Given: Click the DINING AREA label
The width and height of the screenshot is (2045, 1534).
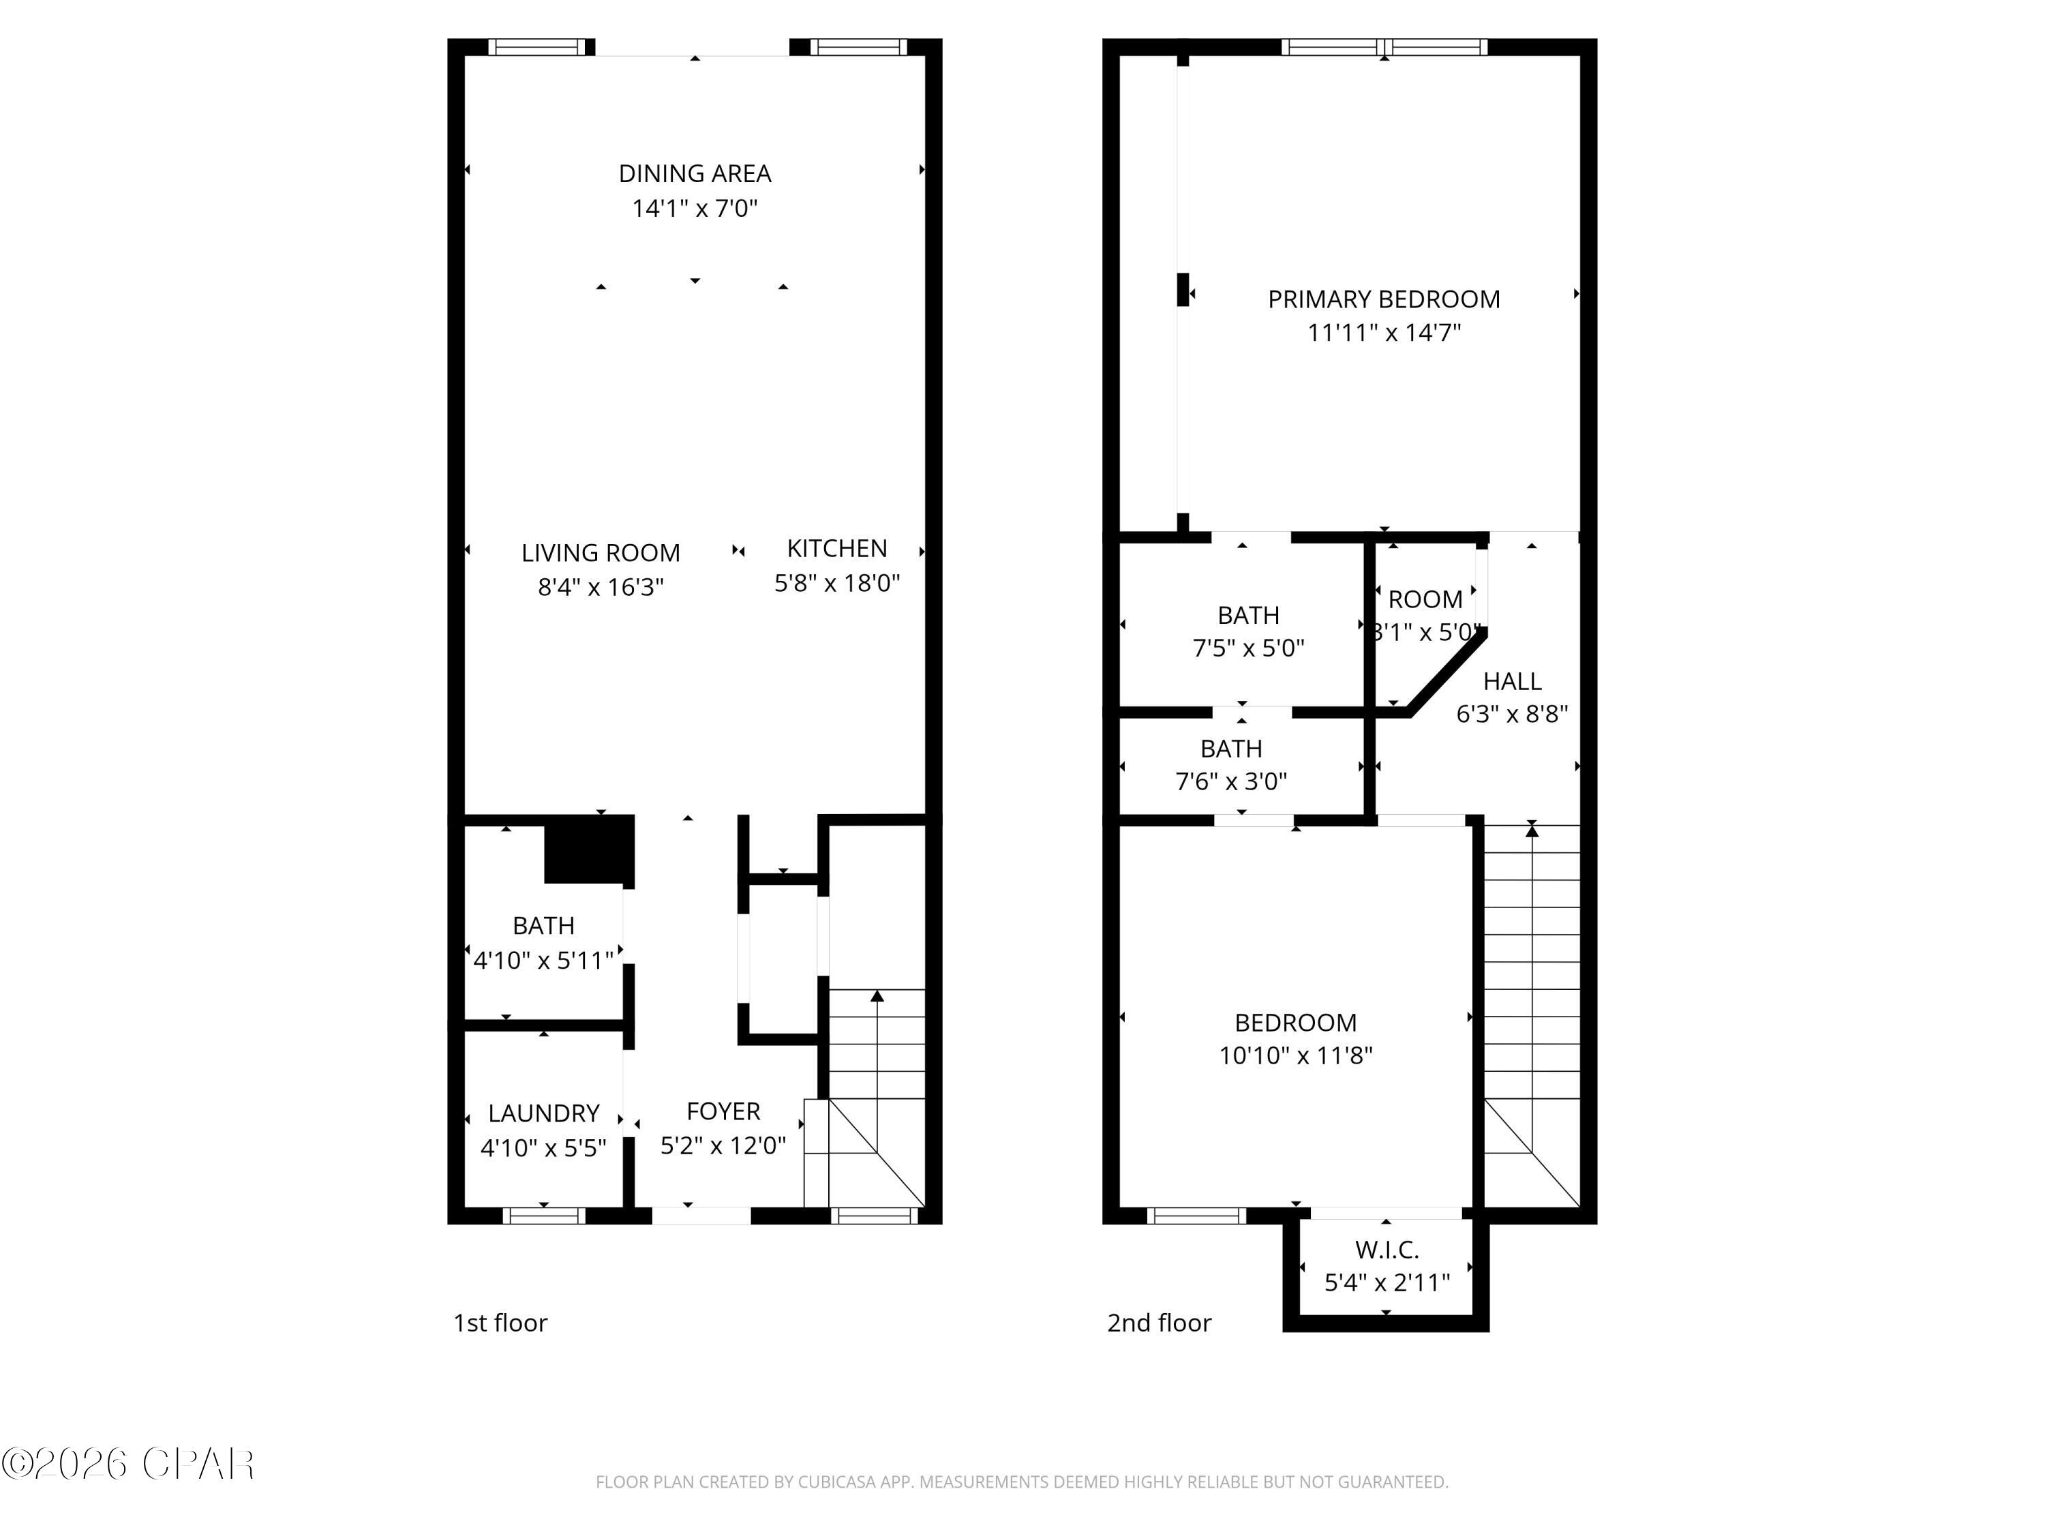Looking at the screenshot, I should [x=695, y=174].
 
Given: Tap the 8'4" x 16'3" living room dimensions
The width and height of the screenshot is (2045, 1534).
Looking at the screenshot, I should [x=601, y=587].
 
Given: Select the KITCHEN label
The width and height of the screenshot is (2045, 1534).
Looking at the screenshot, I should [x=836, y=548].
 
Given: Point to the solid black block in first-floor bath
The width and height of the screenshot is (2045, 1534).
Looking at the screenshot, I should [x=589, y=849].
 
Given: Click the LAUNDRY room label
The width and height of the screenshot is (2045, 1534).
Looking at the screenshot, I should [x=543, y=1113].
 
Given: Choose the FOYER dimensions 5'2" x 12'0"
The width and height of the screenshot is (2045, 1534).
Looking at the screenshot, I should [x=723, y=1145].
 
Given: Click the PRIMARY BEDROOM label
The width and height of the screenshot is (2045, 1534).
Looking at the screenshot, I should [x=1383, y=299].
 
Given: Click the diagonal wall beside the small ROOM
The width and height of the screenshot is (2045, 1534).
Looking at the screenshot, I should [x=1446, y=672].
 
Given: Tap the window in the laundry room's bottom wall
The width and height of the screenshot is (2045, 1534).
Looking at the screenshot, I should [x=543, y=1215].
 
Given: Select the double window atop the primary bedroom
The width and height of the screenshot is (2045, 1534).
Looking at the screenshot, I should [x=1383, y=47].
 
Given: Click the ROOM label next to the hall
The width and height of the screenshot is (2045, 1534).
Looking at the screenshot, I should [x=1425, y=599].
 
